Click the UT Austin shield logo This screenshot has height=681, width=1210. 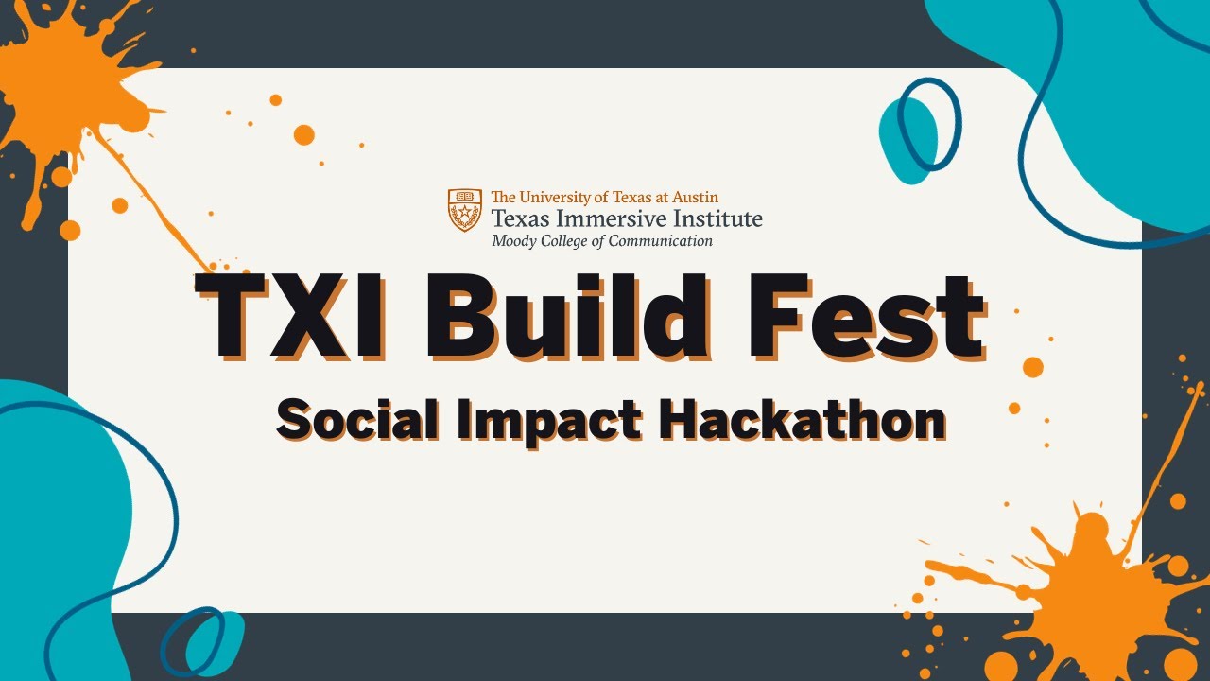tap(464, 210)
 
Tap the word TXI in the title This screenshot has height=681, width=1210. tap(292, 316)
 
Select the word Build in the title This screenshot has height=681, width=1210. tap(566, 316)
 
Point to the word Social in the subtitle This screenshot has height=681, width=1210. tap(357, 420)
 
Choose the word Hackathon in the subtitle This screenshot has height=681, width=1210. tap(803, 420)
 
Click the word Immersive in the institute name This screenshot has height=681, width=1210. tap(611, 218)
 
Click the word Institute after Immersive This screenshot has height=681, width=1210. tap(717, 218)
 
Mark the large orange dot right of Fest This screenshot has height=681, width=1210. tap(1033, 367)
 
